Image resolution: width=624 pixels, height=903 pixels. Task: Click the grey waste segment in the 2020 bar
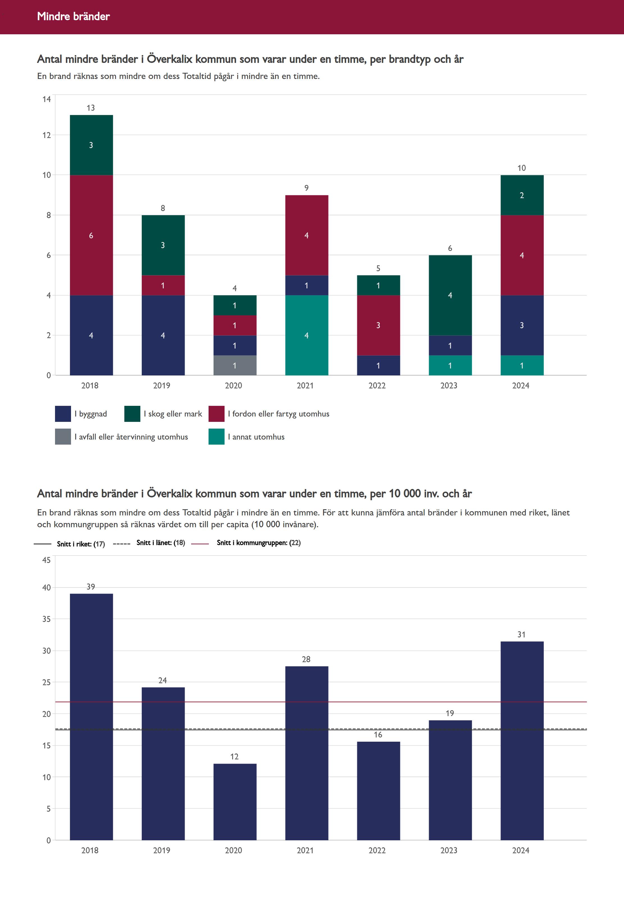click(x=235, y=365)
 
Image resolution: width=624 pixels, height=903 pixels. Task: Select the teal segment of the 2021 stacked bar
click(x=307, y=335)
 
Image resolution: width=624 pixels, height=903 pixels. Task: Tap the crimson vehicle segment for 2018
click(x=91, y=235)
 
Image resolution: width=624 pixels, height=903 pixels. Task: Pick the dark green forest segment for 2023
click(x=450, y=295)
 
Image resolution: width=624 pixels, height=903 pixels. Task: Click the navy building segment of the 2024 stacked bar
click(x=522, y=325)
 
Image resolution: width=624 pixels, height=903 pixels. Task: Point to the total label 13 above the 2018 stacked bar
click(x=91, y=108)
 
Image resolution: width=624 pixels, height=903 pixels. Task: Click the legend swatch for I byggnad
click(x=63, y=414)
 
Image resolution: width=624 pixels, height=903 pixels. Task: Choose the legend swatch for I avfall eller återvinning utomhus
click(x=63, y=436)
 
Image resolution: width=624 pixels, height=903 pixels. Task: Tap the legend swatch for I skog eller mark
click(x=132, y=414)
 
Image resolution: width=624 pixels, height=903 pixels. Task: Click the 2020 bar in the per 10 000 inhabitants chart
click(x=235, y=801)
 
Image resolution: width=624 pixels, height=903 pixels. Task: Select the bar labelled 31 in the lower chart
click(x=522, y=740)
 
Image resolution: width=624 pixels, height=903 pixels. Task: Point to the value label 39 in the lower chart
click(x=91, y=586)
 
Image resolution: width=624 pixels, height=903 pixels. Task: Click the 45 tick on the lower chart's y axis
click(x=47, y=560)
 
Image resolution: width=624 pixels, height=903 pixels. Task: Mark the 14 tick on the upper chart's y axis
click(x=47, y=99)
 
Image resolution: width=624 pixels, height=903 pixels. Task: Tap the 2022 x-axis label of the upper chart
click(x=377, y=386)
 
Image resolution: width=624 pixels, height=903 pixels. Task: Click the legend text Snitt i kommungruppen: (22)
click(x=259, y=542)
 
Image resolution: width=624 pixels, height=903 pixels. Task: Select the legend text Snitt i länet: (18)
click(x=161, y=542)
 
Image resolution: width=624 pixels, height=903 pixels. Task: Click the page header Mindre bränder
click(x=74, y=16)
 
